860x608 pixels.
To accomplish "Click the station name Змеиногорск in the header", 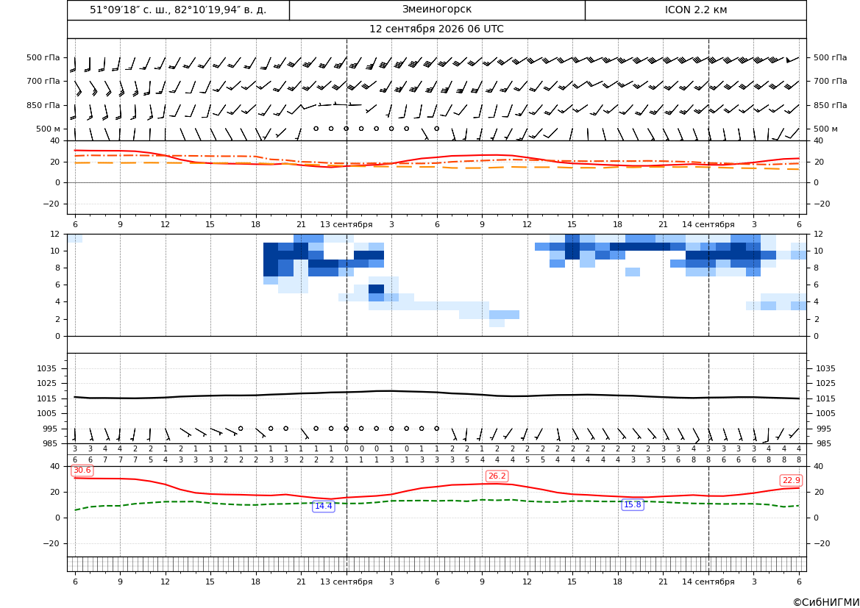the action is point(436,10).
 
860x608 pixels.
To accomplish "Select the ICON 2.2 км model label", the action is point(695,10).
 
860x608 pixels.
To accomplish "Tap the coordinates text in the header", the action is point(178,10).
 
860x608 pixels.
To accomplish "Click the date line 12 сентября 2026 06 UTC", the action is point(436,29).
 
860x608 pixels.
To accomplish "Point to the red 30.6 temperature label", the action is point(82,471).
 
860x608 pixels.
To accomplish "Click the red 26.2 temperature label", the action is point(497,476).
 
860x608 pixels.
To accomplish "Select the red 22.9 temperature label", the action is point(791,480).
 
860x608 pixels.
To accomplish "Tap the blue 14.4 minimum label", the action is point(323,506).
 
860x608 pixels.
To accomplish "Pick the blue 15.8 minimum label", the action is point(633,504).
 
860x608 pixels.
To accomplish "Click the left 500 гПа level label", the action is point(43,57).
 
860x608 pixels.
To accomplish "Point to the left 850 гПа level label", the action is point(43,105).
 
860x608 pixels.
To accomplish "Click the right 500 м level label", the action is point(825,129).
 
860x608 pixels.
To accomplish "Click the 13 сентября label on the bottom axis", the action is point(346,582).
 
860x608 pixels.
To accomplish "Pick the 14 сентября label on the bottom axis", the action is point(708,582).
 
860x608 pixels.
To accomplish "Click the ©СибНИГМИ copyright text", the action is point(826,602).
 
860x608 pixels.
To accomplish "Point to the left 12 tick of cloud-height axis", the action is point(55,234).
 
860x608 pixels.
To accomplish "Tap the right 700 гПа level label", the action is point(831,81).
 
